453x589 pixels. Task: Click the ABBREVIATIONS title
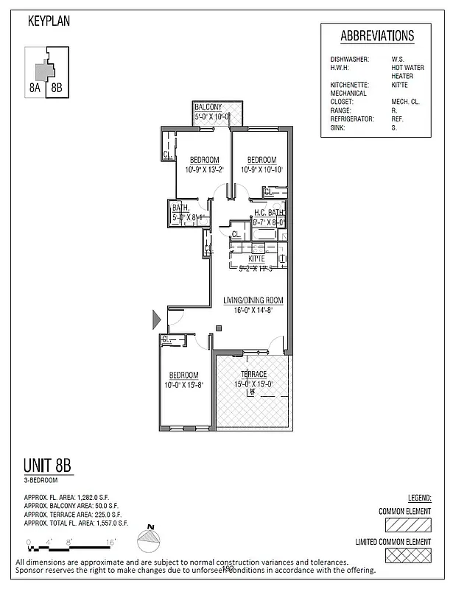[377, 37]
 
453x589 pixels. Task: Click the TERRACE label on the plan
[253, 375]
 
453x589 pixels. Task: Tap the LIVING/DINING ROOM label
[253, 300]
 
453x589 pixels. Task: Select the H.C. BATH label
[268, 212]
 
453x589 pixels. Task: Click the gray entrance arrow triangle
[155, 320]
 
